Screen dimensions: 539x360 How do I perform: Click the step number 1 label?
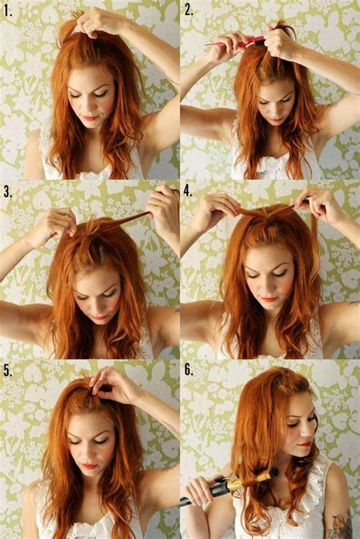[8, 11]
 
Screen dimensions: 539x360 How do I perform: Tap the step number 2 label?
[189, 11]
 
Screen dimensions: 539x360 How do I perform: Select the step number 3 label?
[8, 191]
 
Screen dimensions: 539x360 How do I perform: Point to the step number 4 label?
[189, 191]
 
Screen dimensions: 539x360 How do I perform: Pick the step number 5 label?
[8, 371]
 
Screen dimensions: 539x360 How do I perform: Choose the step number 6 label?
[189, 371]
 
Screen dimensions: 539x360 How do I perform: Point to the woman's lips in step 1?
[90, 118]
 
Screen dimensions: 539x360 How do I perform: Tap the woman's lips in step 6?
[305, 443]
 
